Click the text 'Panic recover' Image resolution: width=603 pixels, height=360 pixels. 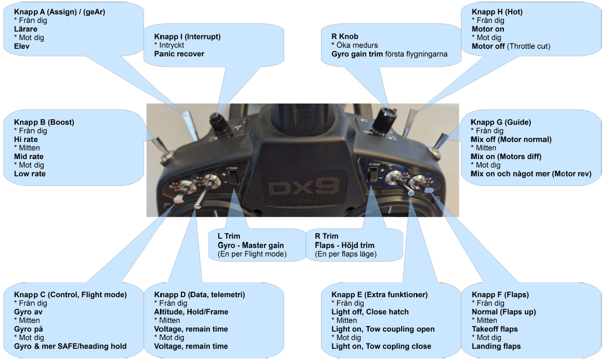[x=179, y=54]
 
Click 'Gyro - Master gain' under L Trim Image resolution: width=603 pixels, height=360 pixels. [x=251, y=245]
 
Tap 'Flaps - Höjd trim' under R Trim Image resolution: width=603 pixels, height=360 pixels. [x=344, y=245]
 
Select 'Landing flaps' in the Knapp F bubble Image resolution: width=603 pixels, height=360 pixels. [x=496, y=346]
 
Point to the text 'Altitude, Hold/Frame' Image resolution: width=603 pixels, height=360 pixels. [x=191, y=312]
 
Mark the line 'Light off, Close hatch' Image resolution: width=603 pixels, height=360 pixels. [x=370, y=312]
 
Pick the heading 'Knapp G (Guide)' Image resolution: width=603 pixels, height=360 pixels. [x=502, y=122]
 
